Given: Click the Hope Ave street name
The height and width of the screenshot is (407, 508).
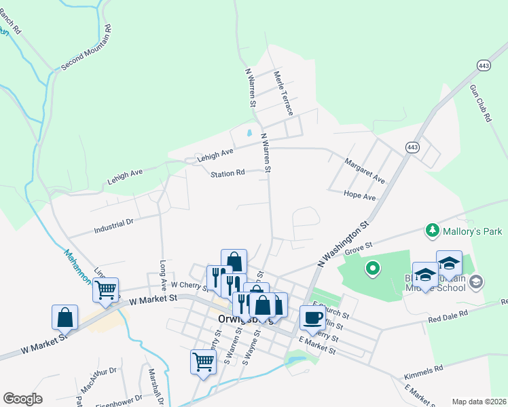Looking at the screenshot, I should click(360, 197).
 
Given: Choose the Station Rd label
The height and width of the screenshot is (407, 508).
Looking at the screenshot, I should click(228, 174).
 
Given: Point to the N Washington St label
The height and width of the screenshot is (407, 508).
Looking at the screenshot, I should click(343, 243).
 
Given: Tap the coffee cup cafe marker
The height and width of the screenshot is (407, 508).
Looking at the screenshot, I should click(312, 317).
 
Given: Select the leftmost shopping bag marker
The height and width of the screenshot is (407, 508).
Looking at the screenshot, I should click(65, 316).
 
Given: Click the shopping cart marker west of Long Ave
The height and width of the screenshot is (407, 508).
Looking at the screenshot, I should click(105, 290).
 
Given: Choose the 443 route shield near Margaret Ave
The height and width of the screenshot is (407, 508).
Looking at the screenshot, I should click(412, 147).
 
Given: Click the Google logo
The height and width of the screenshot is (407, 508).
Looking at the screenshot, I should click(22, 399).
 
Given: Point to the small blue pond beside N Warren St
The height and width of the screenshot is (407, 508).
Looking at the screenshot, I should click(250, 134).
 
